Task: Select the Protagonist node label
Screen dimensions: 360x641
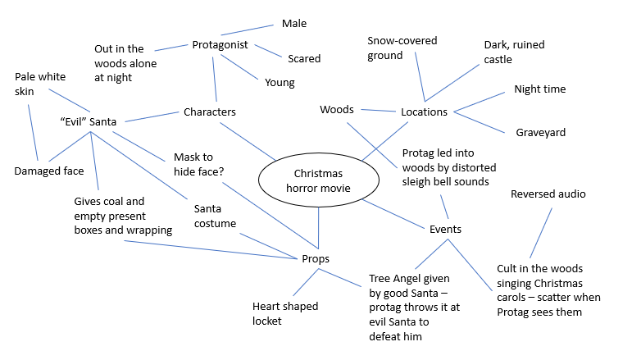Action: [x=220, y=44]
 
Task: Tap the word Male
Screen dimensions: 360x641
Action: [x=294, y=24]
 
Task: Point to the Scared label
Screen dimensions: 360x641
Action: [x=304, y=59]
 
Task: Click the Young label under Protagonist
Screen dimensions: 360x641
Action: [x=280, y=82]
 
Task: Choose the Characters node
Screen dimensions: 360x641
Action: [x=209, y=112]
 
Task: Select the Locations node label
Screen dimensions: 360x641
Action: [x=424, y=112]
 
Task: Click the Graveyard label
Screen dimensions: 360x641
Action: [x=540, y=132]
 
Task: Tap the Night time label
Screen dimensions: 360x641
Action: [x=539, y=89]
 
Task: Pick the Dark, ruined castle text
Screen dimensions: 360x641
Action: [x=514, y=52]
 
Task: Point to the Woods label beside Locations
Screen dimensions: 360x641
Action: [x=336, y=109]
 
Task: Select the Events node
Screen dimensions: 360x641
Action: [x=445, y=229]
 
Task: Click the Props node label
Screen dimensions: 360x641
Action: [x=316, y=258]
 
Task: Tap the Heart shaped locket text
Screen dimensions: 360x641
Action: [x=285, y=313]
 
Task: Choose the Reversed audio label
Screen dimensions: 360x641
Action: [x=548, y=194]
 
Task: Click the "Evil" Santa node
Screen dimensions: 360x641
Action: [x=89, y=121]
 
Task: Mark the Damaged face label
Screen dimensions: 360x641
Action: [x=49, y=171]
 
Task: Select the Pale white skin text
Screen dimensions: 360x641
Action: [x=40, y=84]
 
